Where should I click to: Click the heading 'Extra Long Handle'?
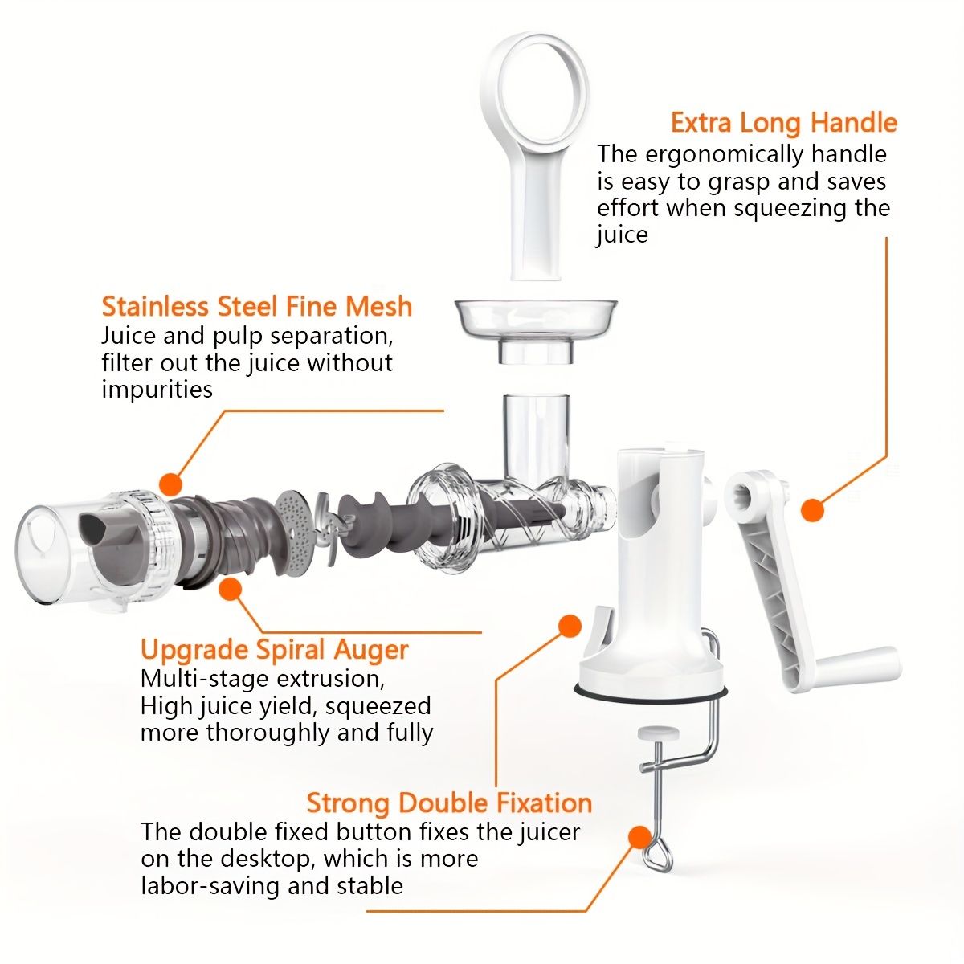[x=784, y=124]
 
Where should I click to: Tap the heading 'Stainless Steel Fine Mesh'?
[x=257, y=306]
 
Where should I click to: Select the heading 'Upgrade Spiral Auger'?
[x=275, y=651]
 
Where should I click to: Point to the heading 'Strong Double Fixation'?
[x=449, y=803]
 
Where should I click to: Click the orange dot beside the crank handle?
[x=812, y=510]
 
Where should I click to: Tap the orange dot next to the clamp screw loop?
[x=639, y=836]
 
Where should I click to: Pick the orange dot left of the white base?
[x=570, y=626]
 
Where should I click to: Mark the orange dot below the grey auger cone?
[x=230, y=590]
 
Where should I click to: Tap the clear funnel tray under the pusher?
[x=536, y=330]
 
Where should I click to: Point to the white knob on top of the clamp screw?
[x=659, y=734]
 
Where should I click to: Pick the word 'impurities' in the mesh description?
[x=157, y=390]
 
